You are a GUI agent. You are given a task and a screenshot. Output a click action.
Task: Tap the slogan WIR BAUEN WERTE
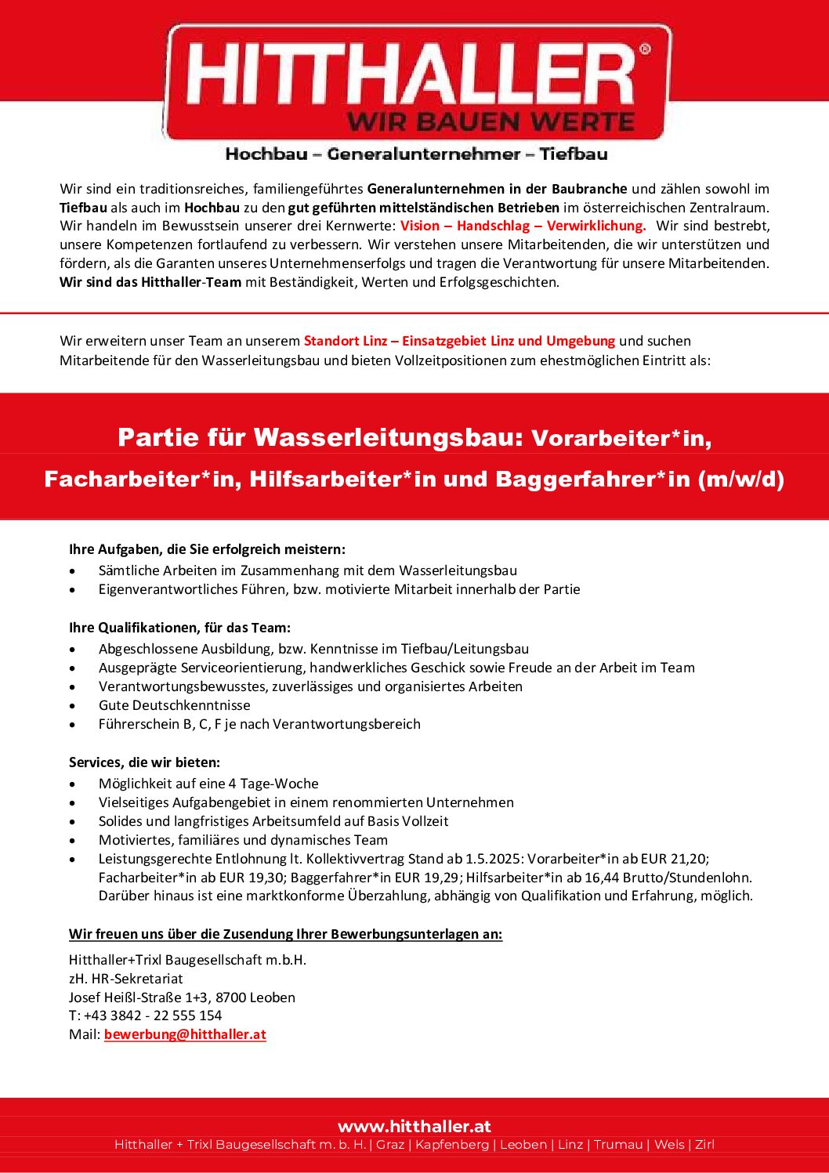(x=491, y=121)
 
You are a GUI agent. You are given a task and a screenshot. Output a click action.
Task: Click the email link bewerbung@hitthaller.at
(x=185, y=1034)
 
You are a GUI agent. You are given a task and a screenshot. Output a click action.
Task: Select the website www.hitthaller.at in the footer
(x=414, y=1126)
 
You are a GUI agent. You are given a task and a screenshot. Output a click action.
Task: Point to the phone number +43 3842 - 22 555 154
(x=153, y=1016)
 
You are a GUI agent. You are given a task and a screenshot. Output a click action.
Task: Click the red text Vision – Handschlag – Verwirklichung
(x=523, y=226)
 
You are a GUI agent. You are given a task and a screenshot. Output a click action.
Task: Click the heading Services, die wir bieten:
(x=144, y=762)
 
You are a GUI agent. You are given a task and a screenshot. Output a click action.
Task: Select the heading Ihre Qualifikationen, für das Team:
(x=179, y=628)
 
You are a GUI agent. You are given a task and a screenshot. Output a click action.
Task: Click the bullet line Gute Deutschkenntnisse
(x=174, y=705)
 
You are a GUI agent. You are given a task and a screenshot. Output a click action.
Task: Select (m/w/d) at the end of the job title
(x=740, y=479)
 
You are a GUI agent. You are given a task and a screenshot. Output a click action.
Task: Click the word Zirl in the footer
(x=704, y=1145)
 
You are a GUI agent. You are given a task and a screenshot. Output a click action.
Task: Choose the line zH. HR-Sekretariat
(x=125, y=979)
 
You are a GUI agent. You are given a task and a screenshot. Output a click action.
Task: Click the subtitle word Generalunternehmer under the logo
(x=424, y=154)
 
